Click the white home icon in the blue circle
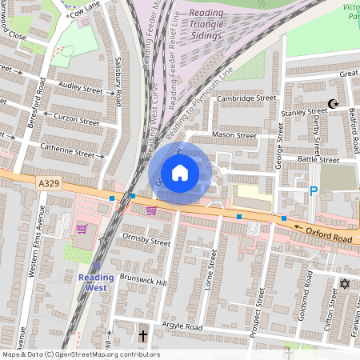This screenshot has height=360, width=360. pyautogui.click(x=180, y=172)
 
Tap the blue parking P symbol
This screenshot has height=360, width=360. pyautogui.click(x=314, y=191)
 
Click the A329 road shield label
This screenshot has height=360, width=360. pyautogui.click(x=49, y=184)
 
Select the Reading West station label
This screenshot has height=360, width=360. pyautogui.click(x=96, y=282)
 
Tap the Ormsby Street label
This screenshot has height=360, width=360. pyautogui.click(x=146, y=240)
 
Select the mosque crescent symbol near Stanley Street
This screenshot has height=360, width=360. pyautogui.click(x=334, y=104)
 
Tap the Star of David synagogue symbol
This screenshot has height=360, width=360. pyautogui.click(x=346, y=284)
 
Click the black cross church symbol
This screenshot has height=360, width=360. pyautogui.click(x=143, y=336)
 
